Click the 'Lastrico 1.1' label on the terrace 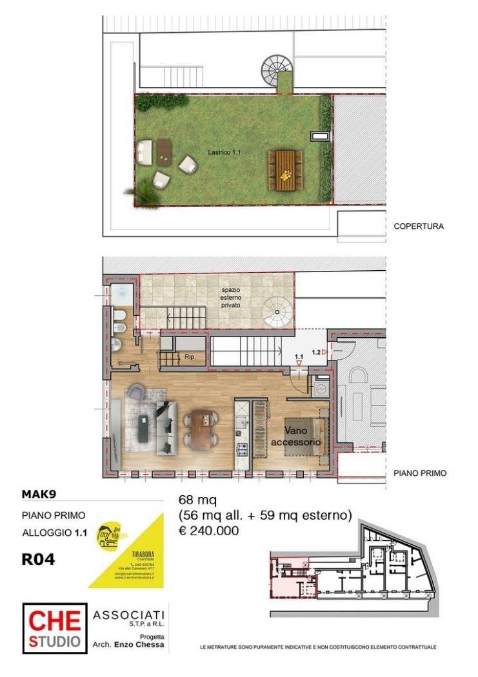click(224, 152)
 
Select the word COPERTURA click(419, 226)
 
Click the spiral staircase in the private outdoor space click(279, 315)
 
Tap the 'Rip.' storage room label click(190, 356)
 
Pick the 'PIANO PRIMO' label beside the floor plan click(419, 473)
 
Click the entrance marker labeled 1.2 click(316, 352)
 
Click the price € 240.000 click(208, 531)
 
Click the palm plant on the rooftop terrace click(145, 191)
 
